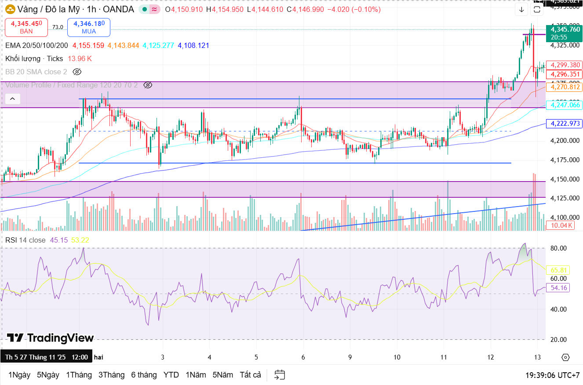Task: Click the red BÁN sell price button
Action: [x=26, y=27]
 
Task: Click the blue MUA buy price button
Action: [x=89, y=27]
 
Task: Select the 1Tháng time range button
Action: [x=79, y=375]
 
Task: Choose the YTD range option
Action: [x=171, y=375]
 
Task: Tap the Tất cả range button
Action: [x=250, y=375]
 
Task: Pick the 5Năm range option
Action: [x=222, y=375]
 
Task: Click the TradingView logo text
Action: [x=51, y=338]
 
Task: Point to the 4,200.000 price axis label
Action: [x=565, y=141]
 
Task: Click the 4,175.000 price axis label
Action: [x=565, y=160]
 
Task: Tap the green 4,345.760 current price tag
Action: [x=565, y=29]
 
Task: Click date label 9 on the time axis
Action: [x=350, y=357]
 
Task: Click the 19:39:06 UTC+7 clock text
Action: [x=552, y=375]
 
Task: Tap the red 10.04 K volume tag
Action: [x=560, y=225]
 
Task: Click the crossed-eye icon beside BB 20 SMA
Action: [x=77, y=72]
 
